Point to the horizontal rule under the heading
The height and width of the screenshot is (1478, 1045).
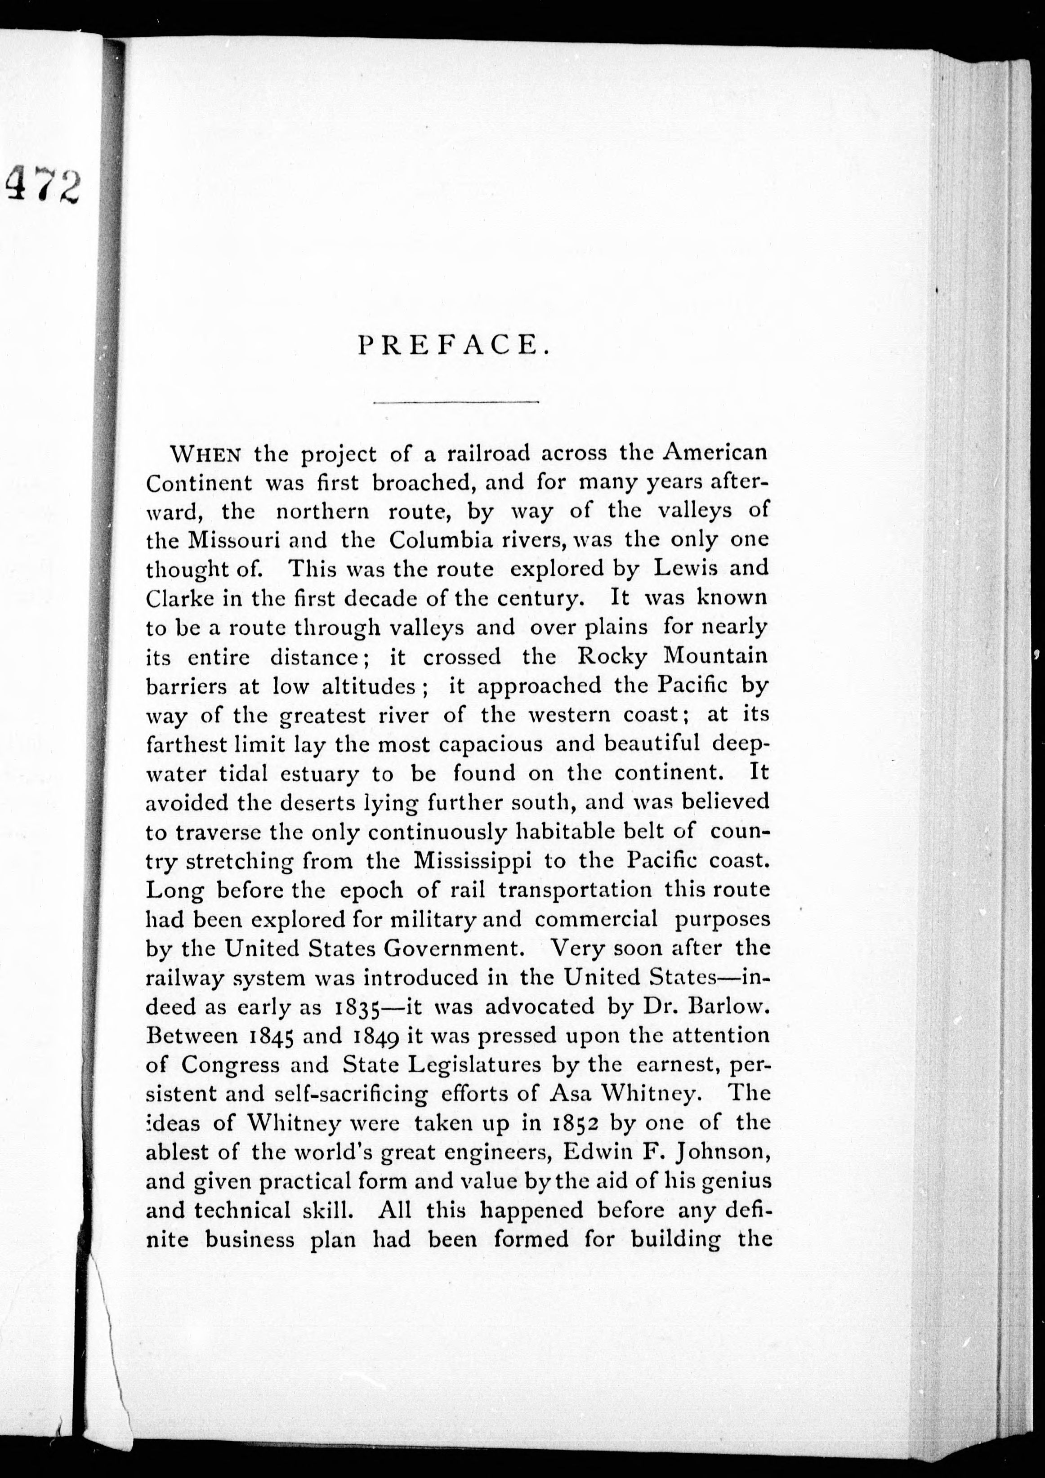[456, 403]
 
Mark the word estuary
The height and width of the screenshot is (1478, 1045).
[319, 773]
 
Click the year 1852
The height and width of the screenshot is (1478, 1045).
[570, 1124]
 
